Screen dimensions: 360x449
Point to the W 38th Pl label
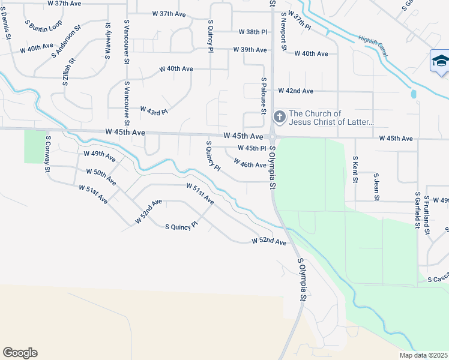click(252, 32)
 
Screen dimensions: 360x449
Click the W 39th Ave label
click(250, 50)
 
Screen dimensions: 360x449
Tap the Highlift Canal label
click(373, 47)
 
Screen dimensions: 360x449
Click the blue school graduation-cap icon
click(440, 61)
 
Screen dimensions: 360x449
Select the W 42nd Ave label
click(295, 91)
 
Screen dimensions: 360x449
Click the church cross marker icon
click(279, 116)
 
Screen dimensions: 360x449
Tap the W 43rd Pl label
click(154, 111)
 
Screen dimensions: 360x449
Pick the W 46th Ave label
click(250, 164)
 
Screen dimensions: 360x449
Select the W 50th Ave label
click(101, 177)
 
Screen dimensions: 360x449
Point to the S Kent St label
click(355, 169)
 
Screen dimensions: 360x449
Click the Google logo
click(20, 353)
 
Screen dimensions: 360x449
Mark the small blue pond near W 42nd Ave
click(413, 94)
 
